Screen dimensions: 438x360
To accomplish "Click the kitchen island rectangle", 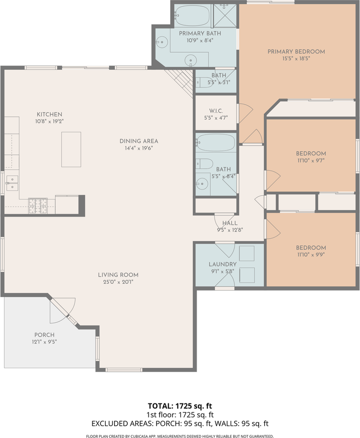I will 71,149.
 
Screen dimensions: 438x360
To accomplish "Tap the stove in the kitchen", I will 38,206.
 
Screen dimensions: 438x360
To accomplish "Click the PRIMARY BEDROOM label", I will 296,52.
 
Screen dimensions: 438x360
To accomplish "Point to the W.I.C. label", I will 215,110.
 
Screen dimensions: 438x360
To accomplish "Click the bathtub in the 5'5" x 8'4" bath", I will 215,143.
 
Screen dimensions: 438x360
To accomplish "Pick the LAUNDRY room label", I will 223,264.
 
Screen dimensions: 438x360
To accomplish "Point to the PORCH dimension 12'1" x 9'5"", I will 44,341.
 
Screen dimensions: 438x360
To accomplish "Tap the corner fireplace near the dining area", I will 183,81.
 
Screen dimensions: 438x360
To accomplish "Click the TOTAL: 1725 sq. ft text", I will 180,406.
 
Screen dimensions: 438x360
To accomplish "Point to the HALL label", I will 230,223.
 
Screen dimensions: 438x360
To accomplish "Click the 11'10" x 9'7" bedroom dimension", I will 311,161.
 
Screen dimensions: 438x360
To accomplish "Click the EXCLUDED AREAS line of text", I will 180,423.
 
